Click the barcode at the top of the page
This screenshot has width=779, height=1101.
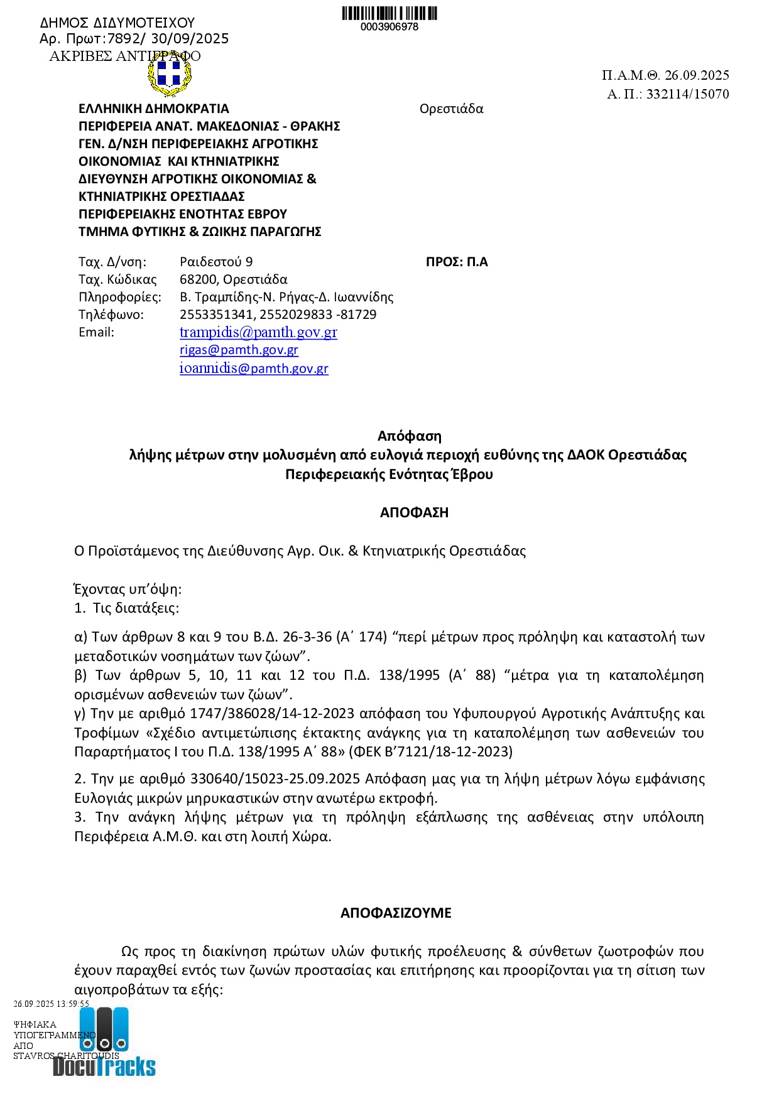[389, 13]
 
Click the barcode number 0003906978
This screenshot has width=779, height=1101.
[389, 27]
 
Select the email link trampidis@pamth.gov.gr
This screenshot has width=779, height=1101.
[258, 332]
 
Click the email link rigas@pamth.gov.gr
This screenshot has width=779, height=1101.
[239, 350]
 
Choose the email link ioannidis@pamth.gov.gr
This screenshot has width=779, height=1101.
[254, 368]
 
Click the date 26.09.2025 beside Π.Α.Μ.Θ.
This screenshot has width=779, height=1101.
[697, 75]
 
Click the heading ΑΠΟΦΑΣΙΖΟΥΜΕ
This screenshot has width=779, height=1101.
[396, 913]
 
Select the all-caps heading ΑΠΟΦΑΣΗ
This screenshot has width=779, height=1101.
[414, 512]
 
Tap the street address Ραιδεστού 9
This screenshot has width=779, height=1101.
[216, 262]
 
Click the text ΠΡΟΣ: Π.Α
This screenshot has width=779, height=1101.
[457, 262]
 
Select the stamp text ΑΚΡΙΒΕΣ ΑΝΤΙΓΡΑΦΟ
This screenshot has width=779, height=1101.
[125, 56]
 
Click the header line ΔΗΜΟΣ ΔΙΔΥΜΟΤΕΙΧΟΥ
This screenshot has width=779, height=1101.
[117, 23]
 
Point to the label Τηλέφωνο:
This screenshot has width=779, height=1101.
[111, 314]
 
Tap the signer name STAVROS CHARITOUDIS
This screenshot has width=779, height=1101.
[66, 1056]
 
